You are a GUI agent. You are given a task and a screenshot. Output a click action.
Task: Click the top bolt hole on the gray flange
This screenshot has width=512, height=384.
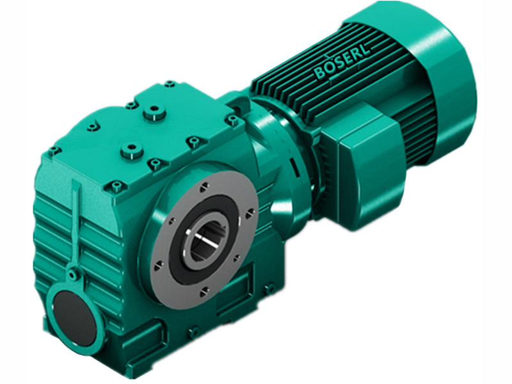tap(203, 186)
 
